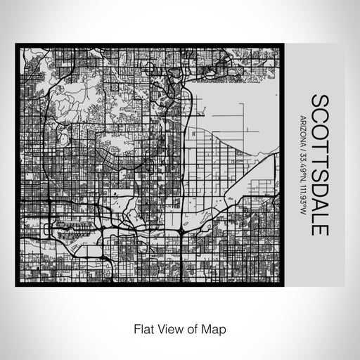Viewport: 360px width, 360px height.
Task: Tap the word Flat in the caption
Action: (x=139, y=328)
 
